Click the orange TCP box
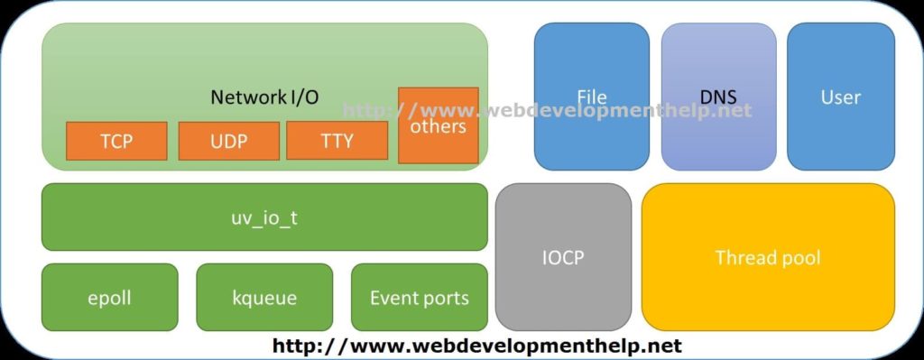click(116, 141)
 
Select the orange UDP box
click(228, 141)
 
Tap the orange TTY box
click(337, 141)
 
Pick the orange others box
click(438, 125)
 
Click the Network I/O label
click(263, 97)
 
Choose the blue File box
click(591, 97)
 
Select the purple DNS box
click(718, 97)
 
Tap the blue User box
click(840, 97)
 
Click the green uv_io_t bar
click(263, 217)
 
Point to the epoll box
click(109, 298)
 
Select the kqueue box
click(264, 298)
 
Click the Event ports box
click(419, 298)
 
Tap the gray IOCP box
click(563, 257)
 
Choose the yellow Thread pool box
click(768, 257)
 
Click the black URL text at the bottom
click(476, 346)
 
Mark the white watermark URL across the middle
click(547, 111)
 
